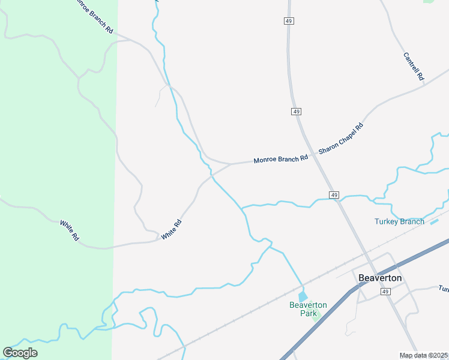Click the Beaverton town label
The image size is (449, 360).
(379, 278)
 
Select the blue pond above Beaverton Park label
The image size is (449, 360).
(303, 296)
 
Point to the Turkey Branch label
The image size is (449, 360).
(399, 221)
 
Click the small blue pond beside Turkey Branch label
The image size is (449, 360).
(435, 222)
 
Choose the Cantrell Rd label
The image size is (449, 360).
(414, 67)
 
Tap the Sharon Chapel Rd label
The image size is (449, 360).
(342, 139)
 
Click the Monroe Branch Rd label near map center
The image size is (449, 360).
(280, 159)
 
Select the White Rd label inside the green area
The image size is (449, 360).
(70, 230)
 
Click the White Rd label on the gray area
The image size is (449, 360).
(171, 230)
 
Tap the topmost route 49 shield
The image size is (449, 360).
(289, 21)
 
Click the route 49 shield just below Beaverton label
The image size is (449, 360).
(385, 291)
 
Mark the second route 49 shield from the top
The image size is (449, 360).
(297, 112)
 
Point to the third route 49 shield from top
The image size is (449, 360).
(335, 195)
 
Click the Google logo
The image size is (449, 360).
(20, 353)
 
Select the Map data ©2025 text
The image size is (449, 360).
(423, 355)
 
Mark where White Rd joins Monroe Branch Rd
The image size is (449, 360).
(231, 163)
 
